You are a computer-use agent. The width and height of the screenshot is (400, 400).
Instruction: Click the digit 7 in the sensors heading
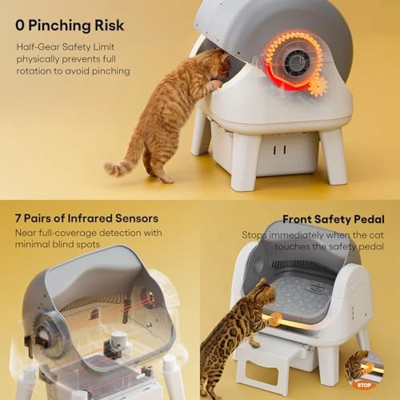(x=18, y=218)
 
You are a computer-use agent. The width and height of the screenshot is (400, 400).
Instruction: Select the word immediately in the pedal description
(x=294, y=236)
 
